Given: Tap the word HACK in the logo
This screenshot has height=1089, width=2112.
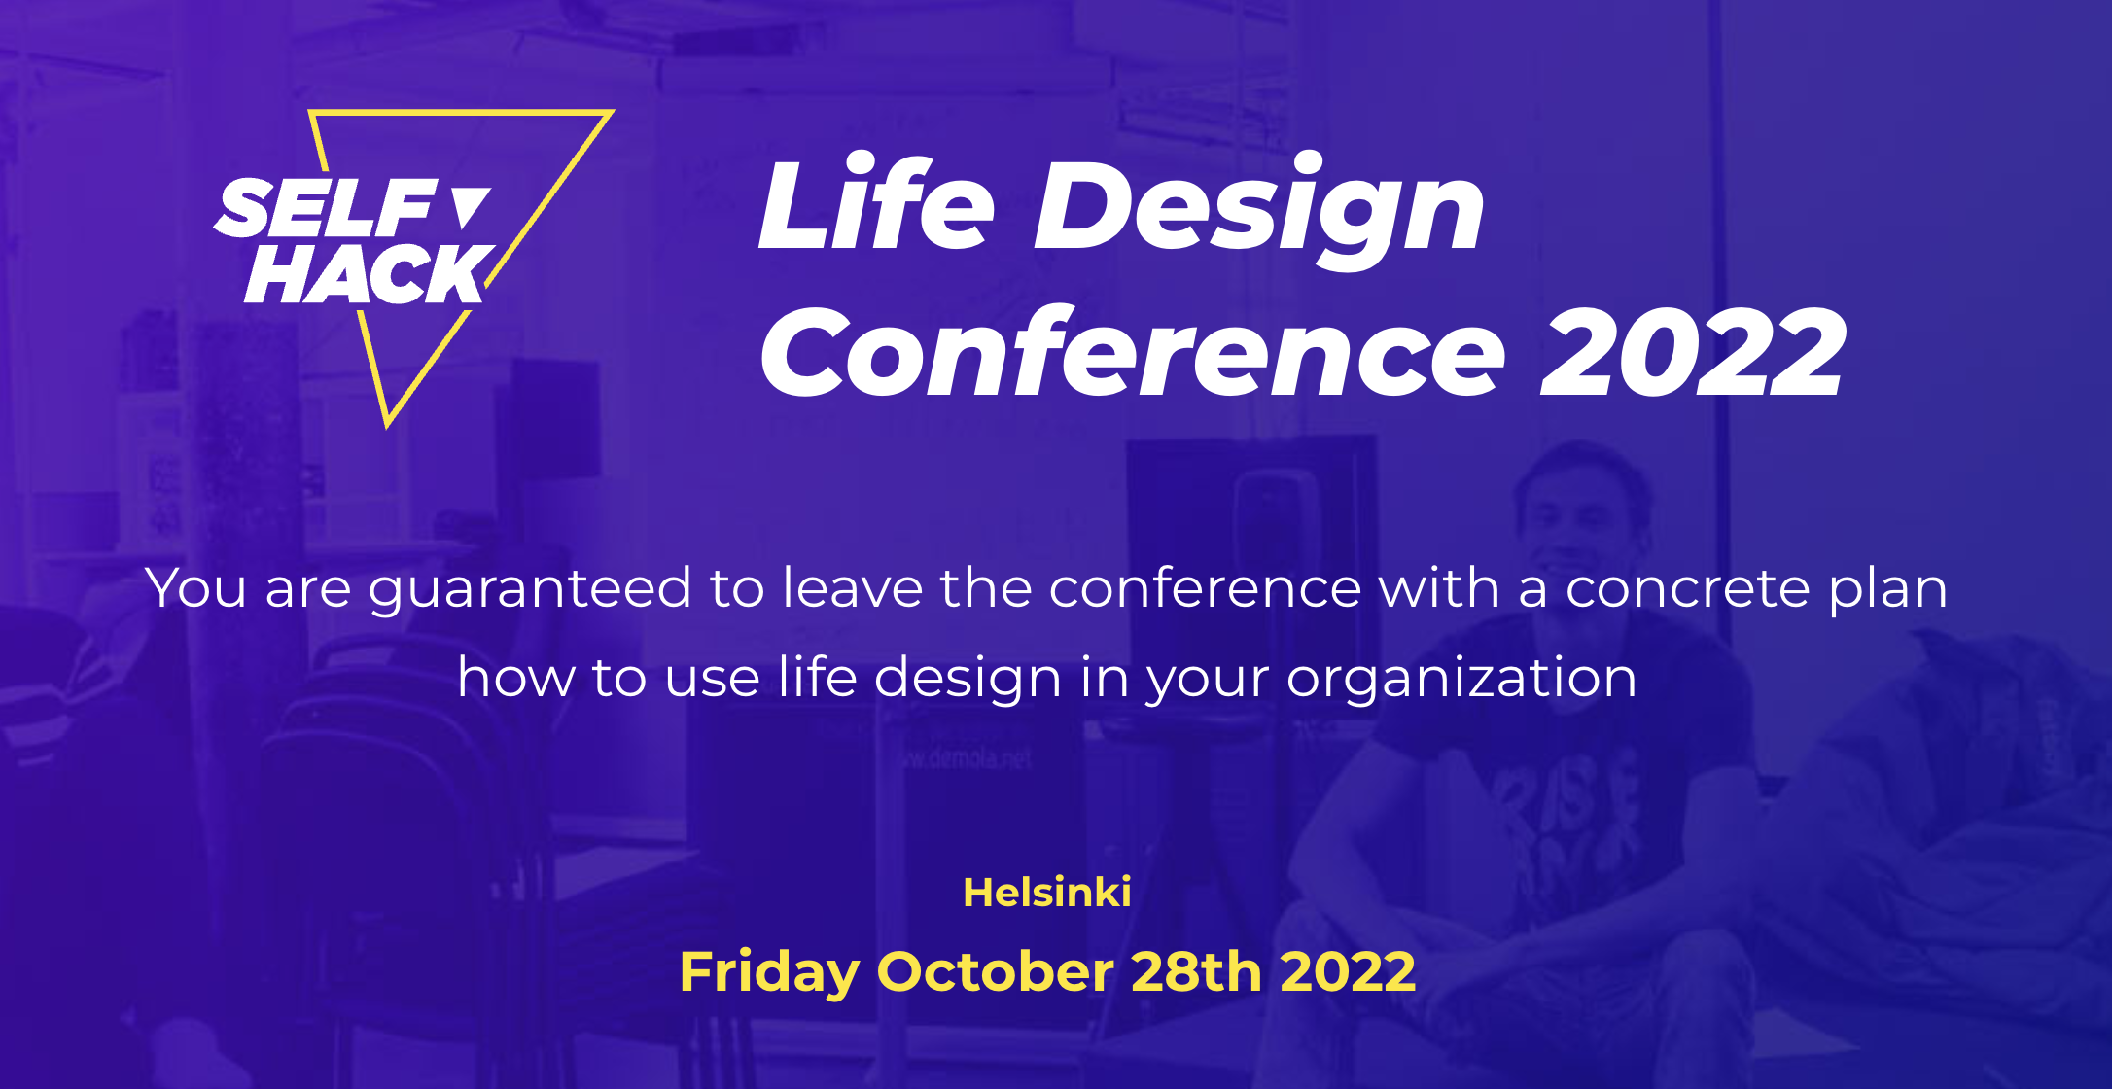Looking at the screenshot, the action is (368, 273).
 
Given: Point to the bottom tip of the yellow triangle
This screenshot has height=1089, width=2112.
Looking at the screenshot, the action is (387, 426).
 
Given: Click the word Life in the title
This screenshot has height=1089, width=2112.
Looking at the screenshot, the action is (876, 203).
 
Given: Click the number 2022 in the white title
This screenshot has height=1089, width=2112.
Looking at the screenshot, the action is (1693, 352).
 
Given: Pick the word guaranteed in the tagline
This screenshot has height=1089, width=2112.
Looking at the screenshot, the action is (530, 589).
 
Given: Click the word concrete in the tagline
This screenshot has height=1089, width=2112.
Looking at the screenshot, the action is (1687, 588).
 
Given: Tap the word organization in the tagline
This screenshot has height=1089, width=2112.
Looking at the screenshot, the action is (1461, 678).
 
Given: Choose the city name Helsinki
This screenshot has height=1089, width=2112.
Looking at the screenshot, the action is (1047, 893).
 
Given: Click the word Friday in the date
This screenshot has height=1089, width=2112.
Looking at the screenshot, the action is (769, 972).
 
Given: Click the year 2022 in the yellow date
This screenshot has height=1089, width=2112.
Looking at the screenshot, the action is (1348, 971).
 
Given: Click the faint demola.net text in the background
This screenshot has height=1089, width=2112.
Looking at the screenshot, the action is (967, 758).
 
